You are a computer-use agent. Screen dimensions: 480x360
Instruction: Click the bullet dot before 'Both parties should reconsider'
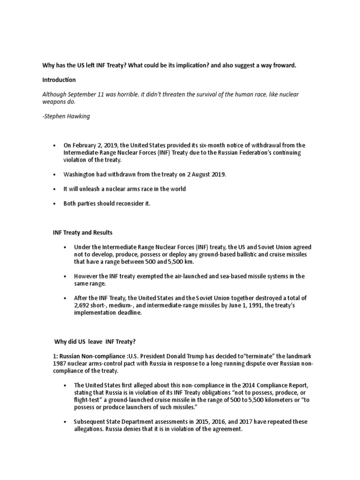[56, 203]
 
